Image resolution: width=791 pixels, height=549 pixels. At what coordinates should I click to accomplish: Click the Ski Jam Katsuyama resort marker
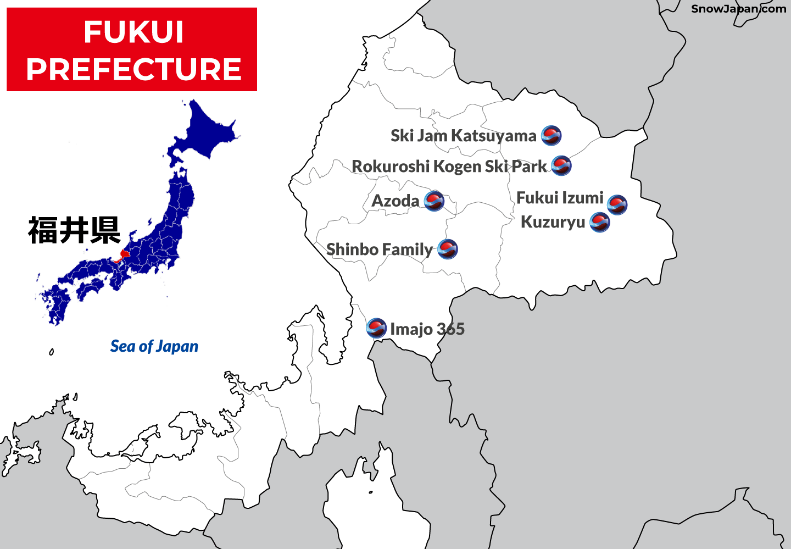click(x=551, y=135)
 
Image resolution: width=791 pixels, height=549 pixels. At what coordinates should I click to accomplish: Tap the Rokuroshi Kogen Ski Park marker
click(x=561, y=165)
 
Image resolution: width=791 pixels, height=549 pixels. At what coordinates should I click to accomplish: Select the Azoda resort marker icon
click(x=434, y=201)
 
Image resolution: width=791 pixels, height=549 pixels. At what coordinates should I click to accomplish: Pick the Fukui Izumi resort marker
click(x=617, y=204)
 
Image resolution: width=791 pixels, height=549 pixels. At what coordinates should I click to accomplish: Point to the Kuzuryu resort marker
click(x=599, y=222)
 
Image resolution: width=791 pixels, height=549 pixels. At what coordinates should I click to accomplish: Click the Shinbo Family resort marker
click(x=448, y=249)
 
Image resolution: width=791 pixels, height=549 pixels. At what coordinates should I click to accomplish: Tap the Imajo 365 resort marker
click(x=376, y=328)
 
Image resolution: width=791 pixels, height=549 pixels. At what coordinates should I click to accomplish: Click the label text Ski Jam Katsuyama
click(x=463, y=136)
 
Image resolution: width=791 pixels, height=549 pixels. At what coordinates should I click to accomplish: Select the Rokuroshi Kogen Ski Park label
click(x=449, y=166)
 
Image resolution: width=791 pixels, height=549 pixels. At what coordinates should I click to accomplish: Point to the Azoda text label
click(x=396, y=201)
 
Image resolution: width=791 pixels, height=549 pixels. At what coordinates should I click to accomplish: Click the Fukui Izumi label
click(x=560, y=198)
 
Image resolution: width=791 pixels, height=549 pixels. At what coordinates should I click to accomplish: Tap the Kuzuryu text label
click(x=553, y=222)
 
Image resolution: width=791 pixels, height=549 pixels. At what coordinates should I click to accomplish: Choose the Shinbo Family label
click(x=380, y=249)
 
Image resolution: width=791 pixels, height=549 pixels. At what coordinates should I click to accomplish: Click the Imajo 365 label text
click(x=427, y=329)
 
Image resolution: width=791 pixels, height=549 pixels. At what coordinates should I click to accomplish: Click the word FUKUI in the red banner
click(x=133, y=32)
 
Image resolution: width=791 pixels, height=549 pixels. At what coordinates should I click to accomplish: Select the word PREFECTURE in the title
click(x=133, y=69)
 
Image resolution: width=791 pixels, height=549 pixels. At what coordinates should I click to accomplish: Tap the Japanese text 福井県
click(x=74, y=230)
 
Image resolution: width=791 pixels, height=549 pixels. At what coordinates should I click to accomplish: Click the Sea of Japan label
click(x=154, y=346)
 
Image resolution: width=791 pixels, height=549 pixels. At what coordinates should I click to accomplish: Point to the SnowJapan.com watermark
click(x=738, y=9)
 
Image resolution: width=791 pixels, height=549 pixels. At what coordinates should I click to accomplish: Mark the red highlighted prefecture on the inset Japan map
click(x=124, y=254)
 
